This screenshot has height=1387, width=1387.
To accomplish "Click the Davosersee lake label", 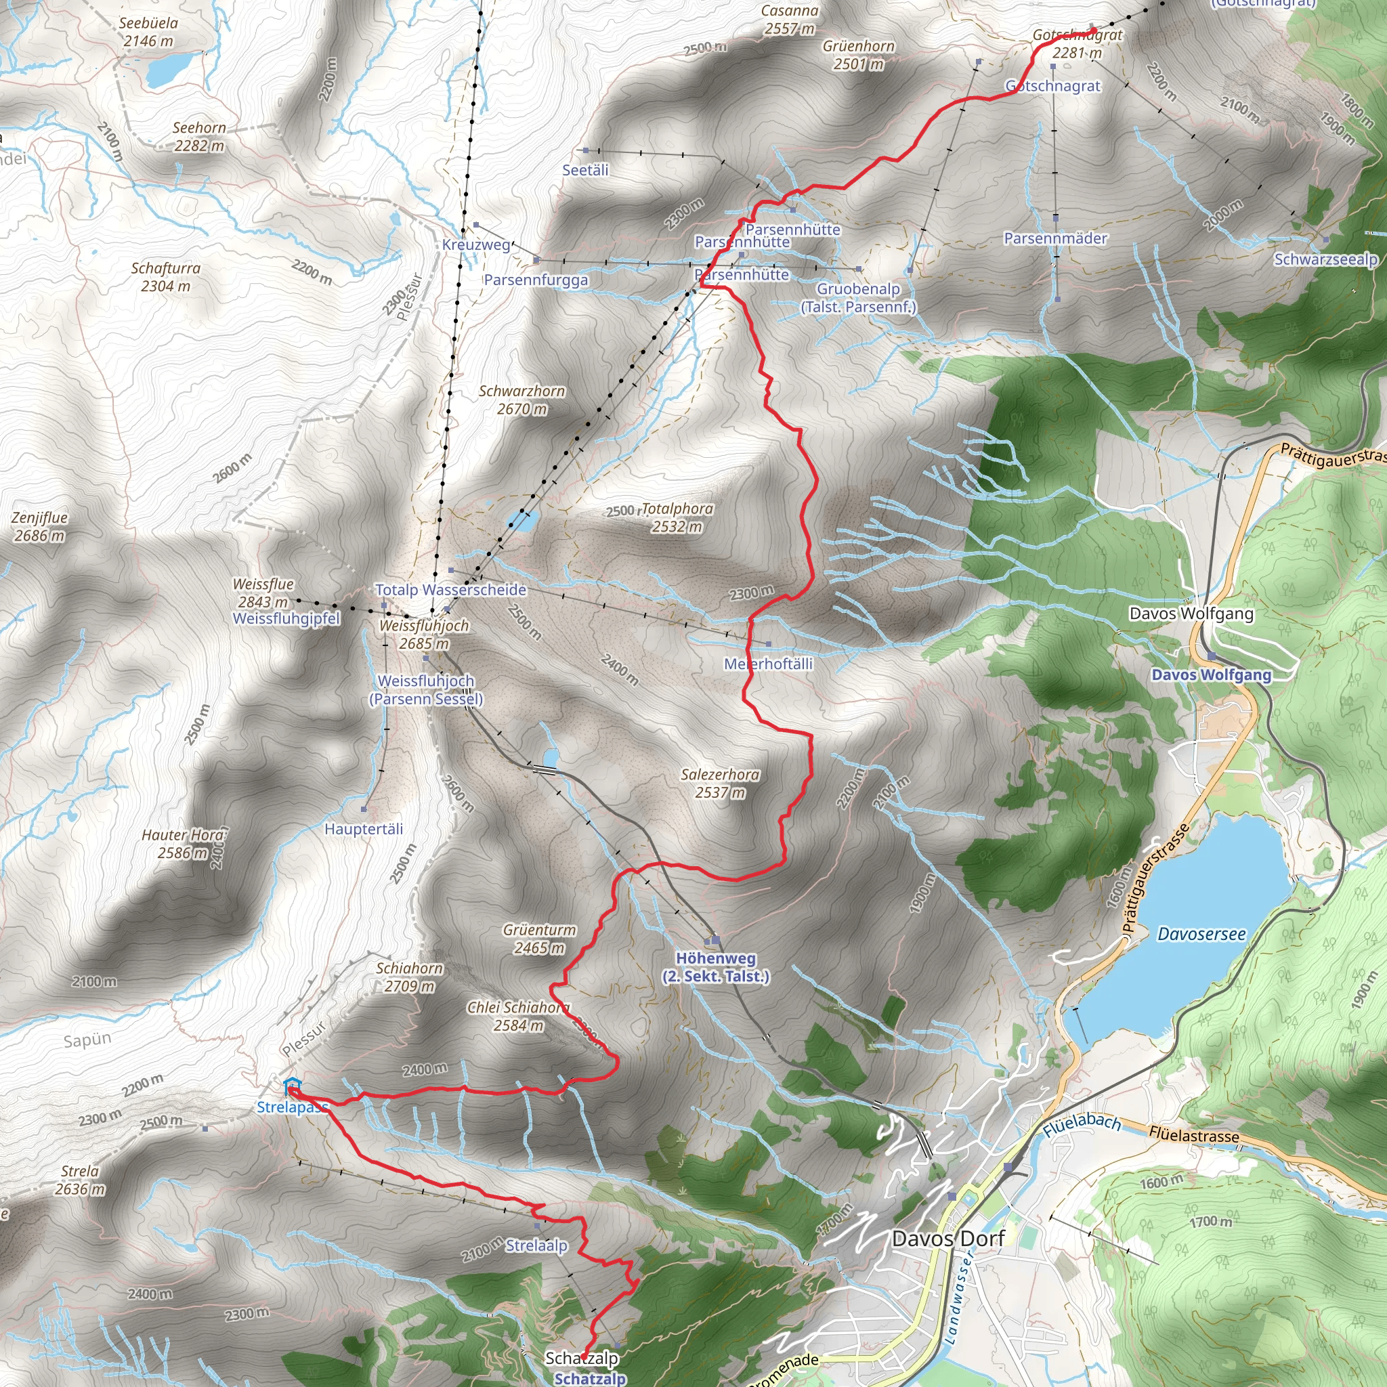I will (x=1202, y=934).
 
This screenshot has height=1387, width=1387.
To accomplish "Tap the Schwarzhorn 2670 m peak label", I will (x=522, y=400).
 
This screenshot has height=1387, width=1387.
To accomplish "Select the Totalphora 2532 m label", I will (x=677, y=517).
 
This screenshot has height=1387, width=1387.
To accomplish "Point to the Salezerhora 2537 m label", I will (x=720, y=784).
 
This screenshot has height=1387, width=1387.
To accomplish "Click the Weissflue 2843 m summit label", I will (x=263, y=593).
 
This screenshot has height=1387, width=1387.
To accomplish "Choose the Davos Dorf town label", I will (x=947, y=1239).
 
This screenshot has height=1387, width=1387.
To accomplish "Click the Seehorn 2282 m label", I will (x=199, y=136).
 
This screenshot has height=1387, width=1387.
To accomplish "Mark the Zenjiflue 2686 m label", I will (x=39, y=526).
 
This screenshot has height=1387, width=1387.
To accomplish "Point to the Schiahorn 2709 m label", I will (x=409, y=977).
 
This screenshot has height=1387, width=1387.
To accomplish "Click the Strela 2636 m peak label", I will (x=80, y=1180).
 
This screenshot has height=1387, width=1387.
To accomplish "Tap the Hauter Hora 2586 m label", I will (x=183, y=844).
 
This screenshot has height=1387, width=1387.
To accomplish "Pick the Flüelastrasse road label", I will (x=1193, y=1135).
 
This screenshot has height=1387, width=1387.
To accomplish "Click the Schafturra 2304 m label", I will (x=166, y=276).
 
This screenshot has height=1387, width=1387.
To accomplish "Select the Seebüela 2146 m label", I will (x=148, y=32).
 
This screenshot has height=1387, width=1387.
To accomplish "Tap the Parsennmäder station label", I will (x=1055, y=238).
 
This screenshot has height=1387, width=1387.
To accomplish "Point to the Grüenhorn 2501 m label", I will (x=859, y=55).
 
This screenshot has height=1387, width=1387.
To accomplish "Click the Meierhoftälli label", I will (x=768, y=664).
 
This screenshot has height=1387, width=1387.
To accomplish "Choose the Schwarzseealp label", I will (x=1325, y=259).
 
